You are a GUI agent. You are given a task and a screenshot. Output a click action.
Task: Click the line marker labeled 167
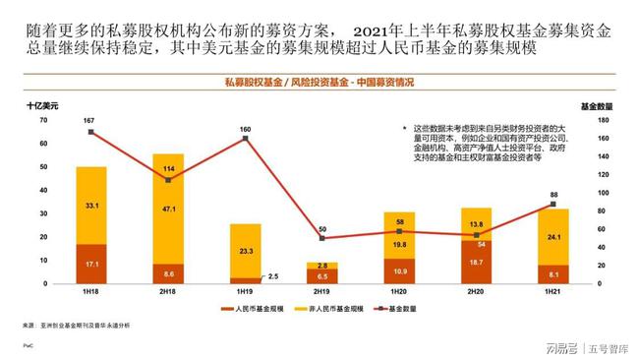[x=90, y=132]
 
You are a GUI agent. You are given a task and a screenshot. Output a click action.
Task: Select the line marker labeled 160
[x=245, y=139]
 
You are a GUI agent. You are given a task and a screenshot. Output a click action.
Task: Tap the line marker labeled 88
[x=554, y=205]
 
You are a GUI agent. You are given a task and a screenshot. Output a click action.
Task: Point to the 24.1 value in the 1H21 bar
[x=554, y=237]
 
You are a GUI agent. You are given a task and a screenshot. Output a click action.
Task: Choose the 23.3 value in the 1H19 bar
[x=245, y=252]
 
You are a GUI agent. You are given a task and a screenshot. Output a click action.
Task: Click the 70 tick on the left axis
[x=42, y=120]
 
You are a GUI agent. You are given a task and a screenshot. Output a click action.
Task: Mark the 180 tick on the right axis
[x=605, y=120]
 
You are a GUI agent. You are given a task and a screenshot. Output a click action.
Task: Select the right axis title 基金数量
[x=593, y=105]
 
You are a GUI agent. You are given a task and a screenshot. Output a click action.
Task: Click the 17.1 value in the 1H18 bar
[x=91, y=265]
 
